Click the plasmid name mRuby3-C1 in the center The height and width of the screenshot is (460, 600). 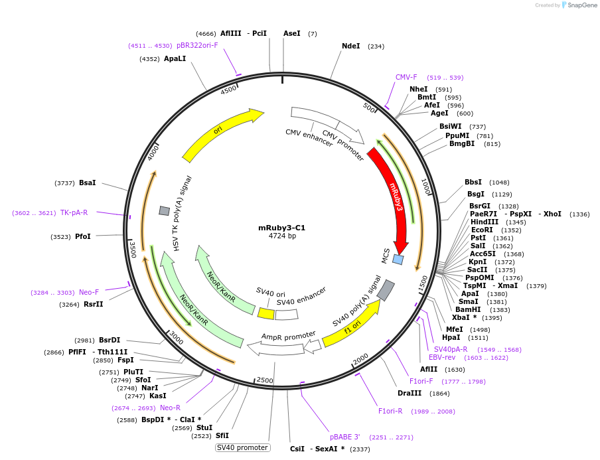pos(281,228)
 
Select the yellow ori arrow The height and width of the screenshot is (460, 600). pos(219,133)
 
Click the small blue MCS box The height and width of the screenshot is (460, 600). pos(398,259)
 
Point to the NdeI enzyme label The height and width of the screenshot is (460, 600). pos(350,46)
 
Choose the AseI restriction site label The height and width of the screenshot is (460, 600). pos(291,33)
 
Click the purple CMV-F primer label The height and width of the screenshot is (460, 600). pos(406,77)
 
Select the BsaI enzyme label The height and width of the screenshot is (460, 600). pos(87,183)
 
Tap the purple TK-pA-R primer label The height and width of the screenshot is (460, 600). pos(74,213)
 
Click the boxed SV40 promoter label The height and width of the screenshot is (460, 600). pos(243,447)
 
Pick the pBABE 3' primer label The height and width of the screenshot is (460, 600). pos(344,437)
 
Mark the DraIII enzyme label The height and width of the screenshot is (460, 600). pos(410,393)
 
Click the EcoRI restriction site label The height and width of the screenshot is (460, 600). pos(482,230)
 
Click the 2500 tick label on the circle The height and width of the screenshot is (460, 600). pos(265,379)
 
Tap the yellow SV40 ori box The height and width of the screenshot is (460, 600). pos(266,313)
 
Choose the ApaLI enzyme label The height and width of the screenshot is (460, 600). pos(175,58)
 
